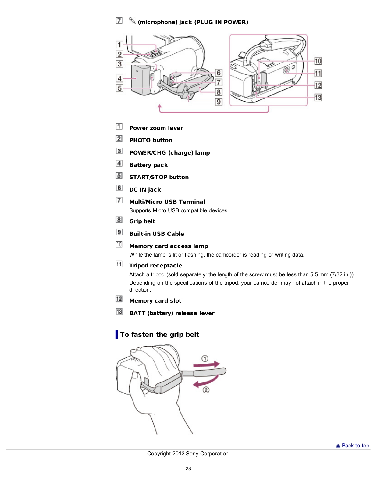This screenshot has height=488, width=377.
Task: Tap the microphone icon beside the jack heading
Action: [x=132, y=21]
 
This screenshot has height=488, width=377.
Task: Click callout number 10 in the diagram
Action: [x=318, y=61]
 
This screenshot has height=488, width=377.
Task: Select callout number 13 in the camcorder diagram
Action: [x=318, y=97]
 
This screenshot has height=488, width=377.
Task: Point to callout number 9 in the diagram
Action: [x=219, y=102]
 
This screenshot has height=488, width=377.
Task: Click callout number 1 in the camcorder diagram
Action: [x=119, y=45]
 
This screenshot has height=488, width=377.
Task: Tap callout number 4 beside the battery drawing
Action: [x=119, y=78]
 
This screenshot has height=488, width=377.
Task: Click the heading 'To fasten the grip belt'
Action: [x=159, y=335]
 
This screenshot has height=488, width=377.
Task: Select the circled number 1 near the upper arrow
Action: [x=205, y=358]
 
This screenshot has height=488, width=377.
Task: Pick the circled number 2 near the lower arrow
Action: [x=206, y=390]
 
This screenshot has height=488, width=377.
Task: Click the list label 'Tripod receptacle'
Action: [x=155, y=266]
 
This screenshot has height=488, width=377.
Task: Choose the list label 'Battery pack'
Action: [x=148, y=165]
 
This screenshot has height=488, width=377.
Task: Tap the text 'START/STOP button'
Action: [x=159, y=177]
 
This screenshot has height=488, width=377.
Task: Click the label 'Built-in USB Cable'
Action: [x=156, y=234]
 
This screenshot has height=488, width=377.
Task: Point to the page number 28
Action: [x=188, y=469]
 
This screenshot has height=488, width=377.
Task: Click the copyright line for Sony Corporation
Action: [x=188, y=454]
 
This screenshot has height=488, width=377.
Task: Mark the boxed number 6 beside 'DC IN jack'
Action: [x=119, y=188]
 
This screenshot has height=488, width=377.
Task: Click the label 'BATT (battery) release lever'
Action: [x=172, y=313]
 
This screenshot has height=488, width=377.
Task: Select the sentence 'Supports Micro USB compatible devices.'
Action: [x=179, y=210]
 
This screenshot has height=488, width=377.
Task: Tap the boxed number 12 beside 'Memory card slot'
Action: [x=119, y=299]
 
